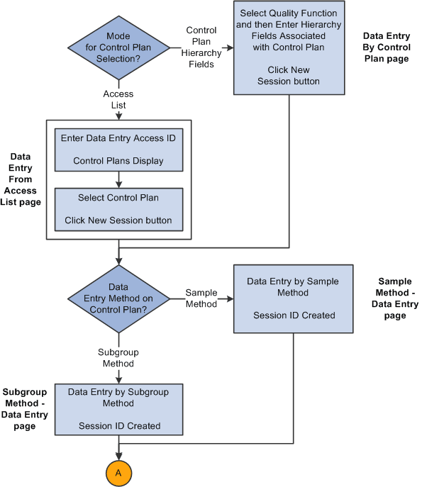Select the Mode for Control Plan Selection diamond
coord(118,48)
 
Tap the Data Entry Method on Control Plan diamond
coord(118,298)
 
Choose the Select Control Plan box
coord(118,208)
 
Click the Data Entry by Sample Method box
coord(293,298)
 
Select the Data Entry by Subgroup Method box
coord(118,408)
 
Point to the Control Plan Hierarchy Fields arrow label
coord(201,47)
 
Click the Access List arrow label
coord(118,99)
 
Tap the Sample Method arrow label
coord(201,298)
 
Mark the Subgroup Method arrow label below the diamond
coord(118,357)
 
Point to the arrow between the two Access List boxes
coord(118,181)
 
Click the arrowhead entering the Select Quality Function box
coord(229,48)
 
